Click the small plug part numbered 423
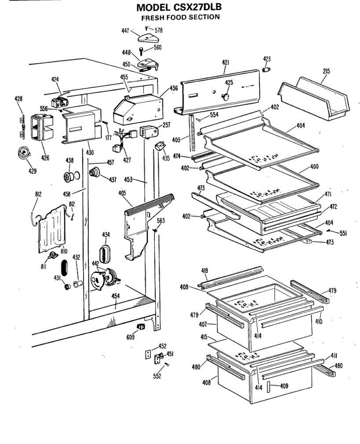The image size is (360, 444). (x=266, y=70)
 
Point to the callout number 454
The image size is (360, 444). (x=115, y=296)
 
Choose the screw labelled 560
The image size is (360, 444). (x=141, y=50)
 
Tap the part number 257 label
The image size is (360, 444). (x=166, y=125)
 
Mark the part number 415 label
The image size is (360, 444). (x=203, y=337)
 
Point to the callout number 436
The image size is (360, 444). (x=174, y=88)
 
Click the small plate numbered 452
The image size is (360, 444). (x=147, y=354)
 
